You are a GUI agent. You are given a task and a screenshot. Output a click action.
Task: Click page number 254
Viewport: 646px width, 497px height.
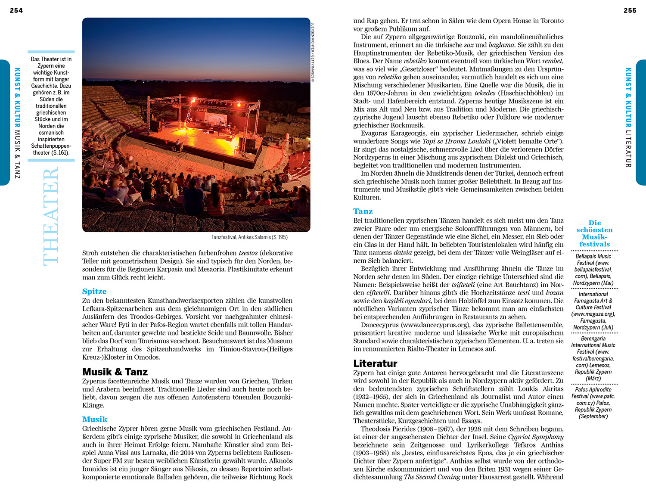click(16, 10)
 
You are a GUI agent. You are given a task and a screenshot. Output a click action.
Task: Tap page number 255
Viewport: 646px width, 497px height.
click(630, 10)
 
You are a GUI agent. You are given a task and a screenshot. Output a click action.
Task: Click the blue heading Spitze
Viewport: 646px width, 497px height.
click(94, 292)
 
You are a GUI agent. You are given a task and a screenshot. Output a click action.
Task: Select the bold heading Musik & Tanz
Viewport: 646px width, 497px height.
click(115, 372)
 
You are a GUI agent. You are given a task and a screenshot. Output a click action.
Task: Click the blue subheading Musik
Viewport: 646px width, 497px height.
click(95, 419)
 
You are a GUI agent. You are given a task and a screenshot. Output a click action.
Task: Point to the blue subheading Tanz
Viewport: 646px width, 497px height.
click(363, 211)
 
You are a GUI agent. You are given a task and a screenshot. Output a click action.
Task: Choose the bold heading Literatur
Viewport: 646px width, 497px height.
click(375, 363)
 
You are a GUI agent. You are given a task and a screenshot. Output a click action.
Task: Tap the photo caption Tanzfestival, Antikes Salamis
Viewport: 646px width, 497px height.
click(249, 237)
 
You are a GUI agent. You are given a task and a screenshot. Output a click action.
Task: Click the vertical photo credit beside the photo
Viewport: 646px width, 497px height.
click(313, 52)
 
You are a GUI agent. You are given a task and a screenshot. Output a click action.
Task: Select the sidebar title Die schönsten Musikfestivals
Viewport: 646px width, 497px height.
click(594, 233)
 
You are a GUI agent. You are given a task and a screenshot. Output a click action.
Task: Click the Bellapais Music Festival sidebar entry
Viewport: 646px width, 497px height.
click(593, 270)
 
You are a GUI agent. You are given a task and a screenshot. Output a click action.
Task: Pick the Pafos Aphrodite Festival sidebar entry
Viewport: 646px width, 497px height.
click(593, 403)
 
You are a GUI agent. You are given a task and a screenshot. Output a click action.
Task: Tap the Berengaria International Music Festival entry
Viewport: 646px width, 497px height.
click(593, 358)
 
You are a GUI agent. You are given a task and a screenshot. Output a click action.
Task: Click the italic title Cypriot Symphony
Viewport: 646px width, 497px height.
click(536, 437)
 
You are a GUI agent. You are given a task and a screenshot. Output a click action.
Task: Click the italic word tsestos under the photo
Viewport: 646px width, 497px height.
click(248, 253)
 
